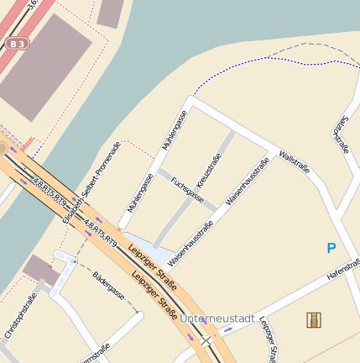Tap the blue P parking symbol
(x=331, y=248)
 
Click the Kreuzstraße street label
(x=209, y=171)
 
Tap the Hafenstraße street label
(x=342, y=268)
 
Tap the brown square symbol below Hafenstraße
(x=315, y=319)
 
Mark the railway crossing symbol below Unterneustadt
(x=206, y=340)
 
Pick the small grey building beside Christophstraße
(x=40, y=270)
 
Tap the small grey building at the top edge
(x=110, y=11)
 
